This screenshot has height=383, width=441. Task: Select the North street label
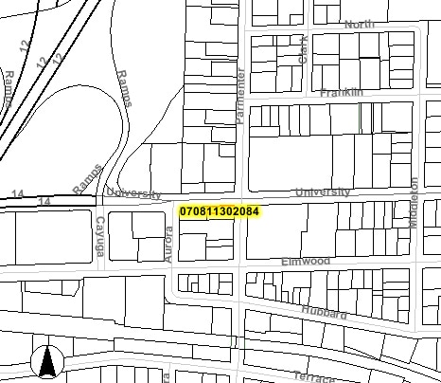[360, 25]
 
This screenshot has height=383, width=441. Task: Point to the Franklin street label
[342, 93]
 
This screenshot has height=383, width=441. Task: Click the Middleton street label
[414, 197]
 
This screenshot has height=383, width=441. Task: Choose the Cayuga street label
[99, 237]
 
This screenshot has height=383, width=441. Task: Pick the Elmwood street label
[305, 261]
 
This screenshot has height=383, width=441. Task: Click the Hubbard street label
[325, 313]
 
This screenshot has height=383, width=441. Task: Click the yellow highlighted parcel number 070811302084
[219, 210]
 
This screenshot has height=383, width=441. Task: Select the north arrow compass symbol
[47, 361]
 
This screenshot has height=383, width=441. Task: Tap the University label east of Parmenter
[322, 192]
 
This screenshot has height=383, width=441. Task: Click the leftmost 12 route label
[25, 46]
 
